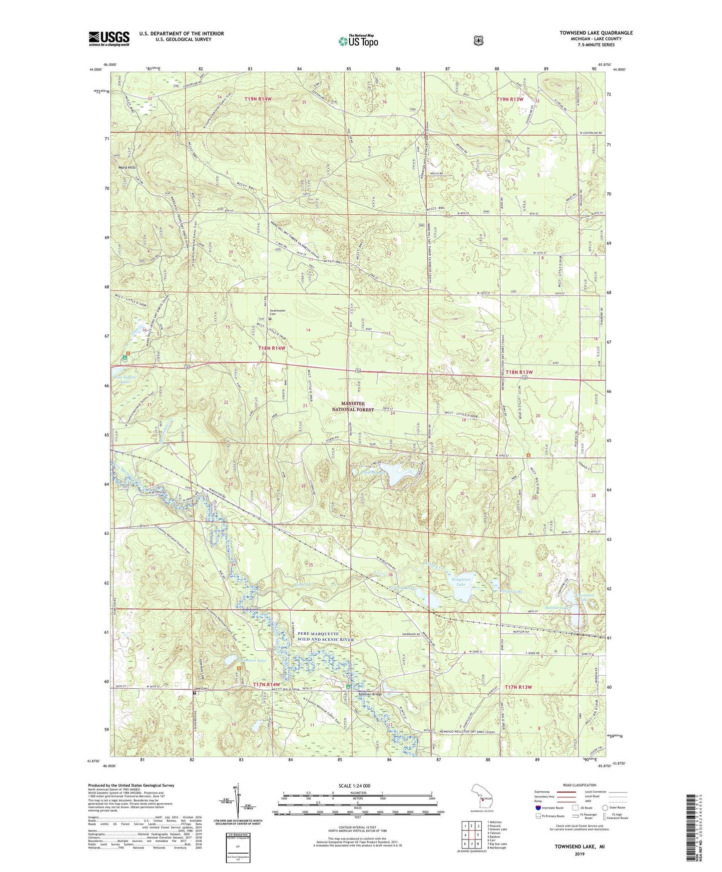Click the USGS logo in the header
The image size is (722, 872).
point(109,38)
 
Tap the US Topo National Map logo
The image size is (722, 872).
point(358,40)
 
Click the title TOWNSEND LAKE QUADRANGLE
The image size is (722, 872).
point(596,33)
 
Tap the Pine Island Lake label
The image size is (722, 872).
point(125,380)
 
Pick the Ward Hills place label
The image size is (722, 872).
point(127,167)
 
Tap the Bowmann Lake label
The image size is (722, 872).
point(253,661)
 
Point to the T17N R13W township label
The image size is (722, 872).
point(518,687)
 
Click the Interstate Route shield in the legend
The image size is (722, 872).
point(538,808)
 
